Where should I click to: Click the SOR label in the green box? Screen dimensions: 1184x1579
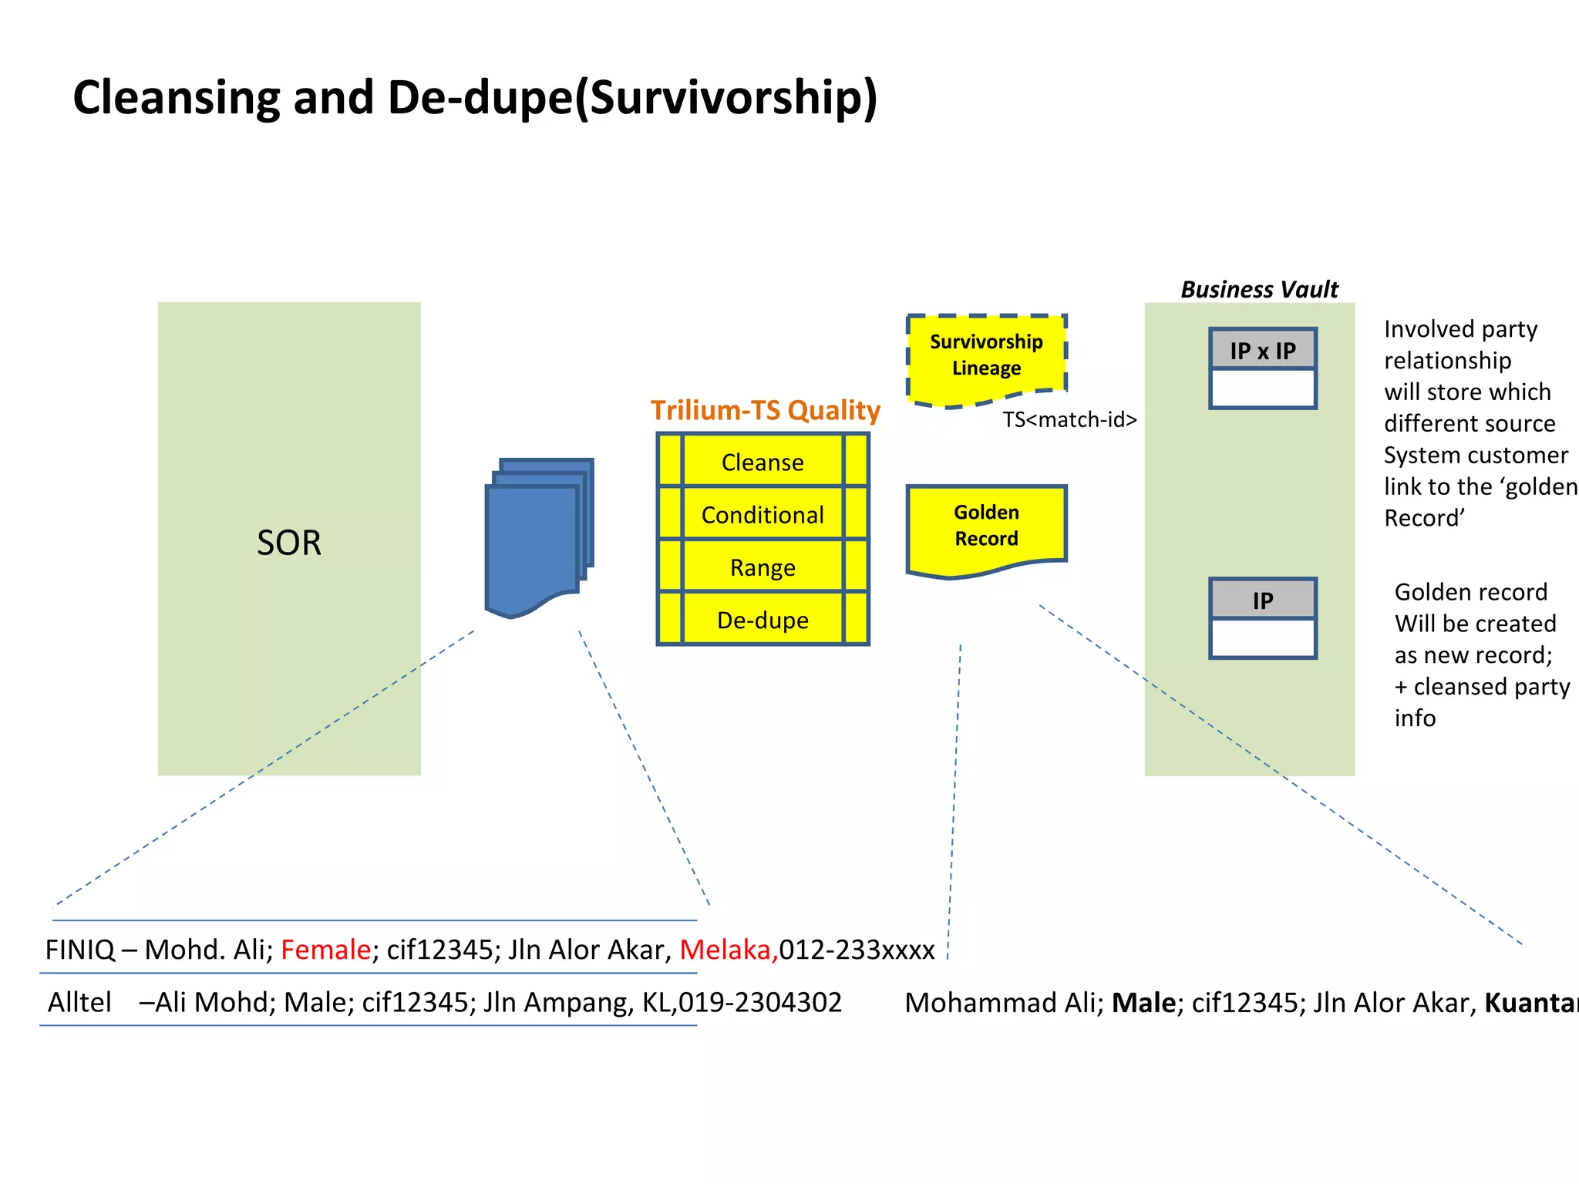288,543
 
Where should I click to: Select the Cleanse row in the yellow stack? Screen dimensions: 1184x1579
763,462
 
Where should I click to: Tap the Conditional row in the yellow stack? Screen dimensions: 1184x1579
763,514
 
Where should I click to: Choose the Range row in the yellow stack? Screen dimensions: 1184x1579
763,567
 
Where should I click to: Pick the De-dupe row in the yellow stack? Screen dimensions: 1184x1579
763,620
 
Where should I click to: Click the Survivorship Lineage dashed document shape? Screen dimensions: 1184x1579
986,355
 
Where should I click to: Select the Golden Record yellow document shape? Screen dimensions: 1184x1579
986,526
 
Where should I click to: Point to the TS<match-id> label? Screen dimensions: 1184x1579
1069,419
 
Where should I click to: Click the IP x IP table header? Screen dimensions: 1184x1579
1262,351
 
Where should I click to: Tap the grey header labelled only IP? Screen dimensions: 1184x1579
1262,600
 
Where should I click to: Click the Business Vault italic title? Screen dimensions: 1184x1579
1259,290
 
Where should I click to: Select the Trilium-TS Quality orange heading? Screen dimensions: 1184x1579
765,410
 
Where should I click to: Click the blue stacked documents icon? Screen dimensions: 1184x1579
537,536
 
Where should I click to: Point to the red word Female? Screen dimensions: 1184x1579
325,950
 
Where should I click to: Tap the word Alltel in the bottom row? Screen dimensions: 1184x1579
79,1002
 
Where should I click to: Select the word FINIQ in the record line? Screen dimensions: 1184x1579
79,950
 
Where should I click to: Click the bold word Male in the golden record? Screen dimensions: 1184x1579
1144,1003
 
